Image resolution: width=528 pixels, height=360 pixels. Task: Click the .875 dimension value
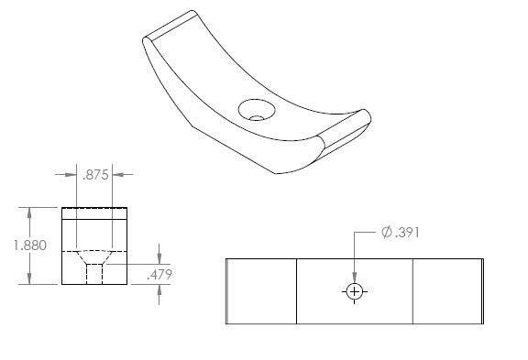click(95, 175)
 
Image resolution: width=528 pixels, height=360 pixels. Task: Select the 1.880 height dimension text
click(30, 245)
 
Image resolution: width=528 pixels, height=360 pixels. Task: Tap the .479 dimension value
click(159, 275)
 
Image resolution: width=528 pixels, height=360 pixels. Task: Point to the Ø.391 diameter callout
click(401, 233)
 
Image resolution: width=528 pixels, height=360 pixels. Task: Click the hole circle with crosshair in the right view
click(355, 291)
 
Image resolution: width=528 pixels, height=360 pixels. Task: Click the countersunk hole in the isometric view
click(257, 110)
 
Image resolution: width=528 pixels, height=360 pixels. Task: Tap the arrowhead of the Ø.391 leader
click(354, 278)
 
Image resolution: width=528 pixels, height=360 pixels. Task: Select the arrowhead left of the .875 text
click(71, 175)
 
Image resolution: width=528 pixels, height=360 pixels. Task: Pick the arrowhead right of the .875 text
click(118, 175)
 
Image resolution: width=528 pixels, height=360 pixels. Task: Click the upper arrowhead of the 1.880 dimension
click(29, 213)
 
